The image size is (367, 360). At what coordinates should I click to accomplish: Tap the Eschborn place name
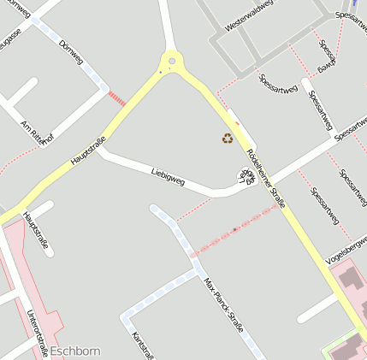click(x=75, y=351)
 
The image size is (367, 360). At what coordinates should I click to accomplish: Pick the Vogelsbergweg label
click(x=346, y=250)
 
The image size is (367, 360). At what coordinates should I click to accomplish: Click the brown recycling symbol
click(x=228, y=138)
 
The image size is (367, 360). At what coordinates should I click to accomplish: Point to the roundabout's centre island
click(x=173, y=61)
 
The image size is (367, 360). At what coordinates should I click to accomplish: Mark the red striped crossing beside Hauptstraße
click(x=117, y=98)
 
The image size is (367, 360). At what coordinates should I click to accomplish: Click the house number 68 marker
click(x=247, y=177)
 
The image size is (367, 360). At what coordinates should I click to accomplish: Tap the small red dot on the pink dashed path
click(x=234, y=229)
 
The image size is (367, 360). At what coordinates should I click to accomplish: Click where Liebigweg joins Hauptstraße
click(x=100, y=151)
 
